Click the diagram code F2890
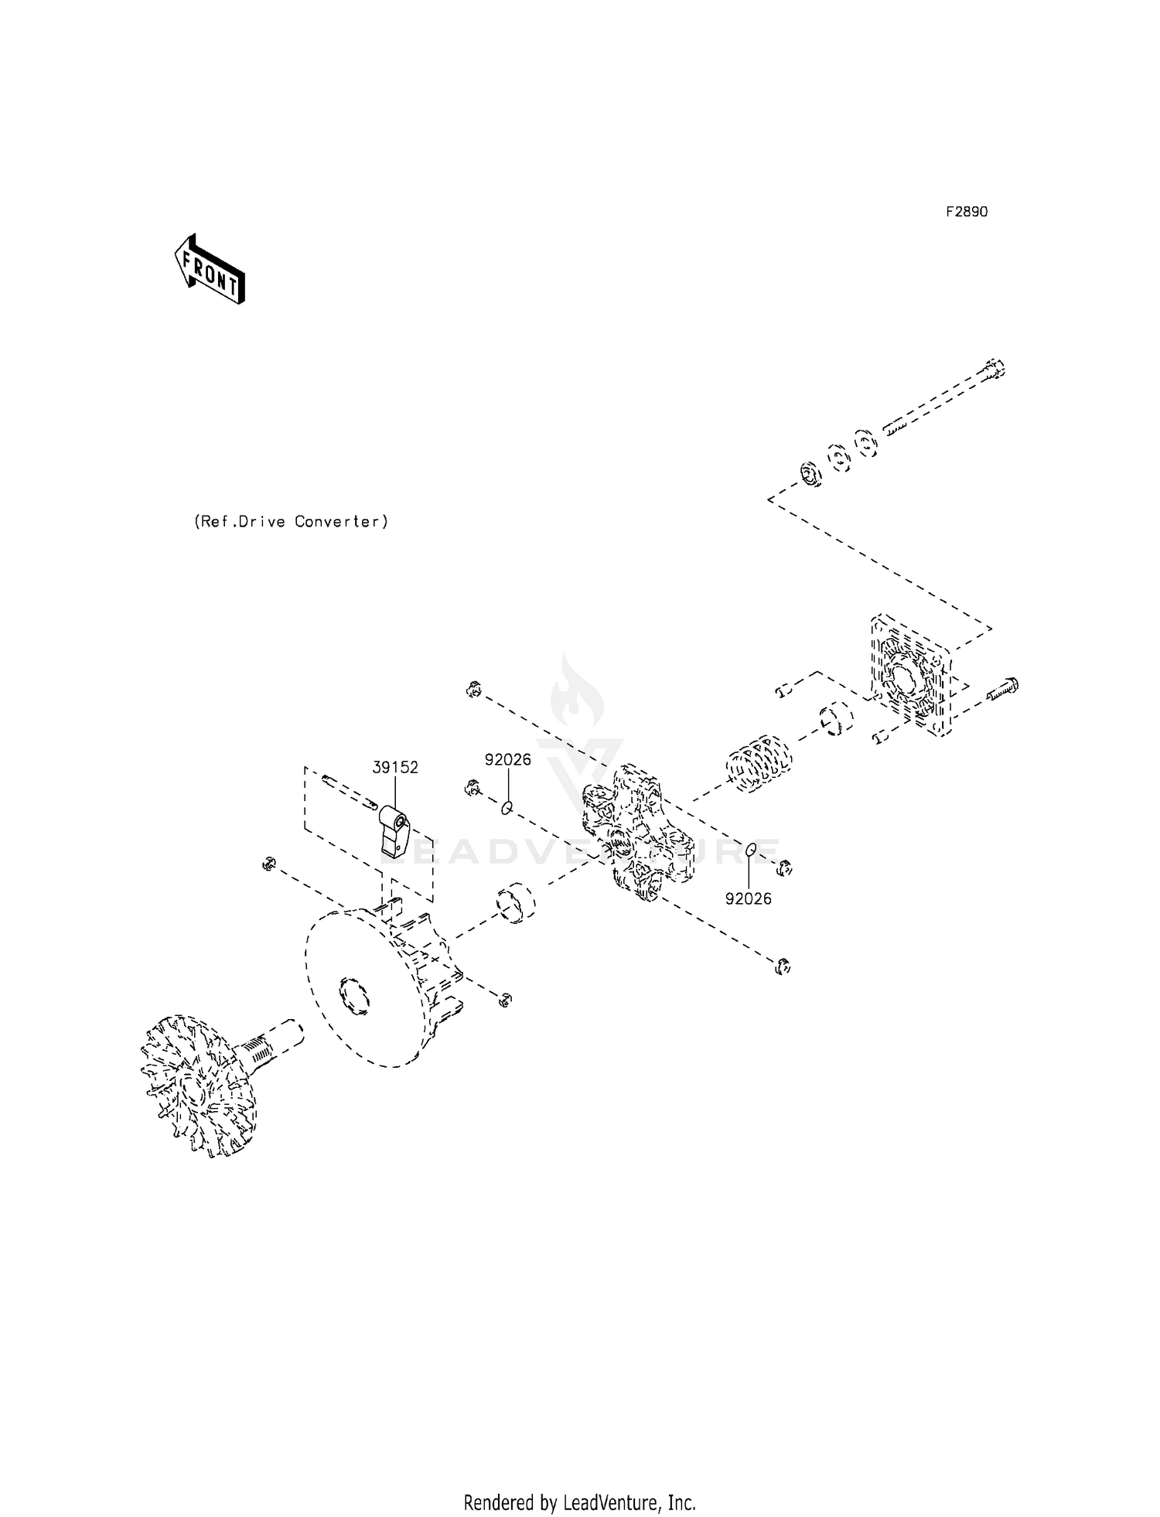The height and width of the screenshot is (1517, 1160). (967, 212)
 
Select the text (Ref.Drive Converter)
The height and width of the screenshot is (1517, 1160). (291, 522)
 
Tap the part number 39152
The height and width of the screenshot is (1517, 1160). (395, 767)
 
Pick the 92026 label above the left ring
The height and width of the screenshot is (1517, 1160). (508, 759)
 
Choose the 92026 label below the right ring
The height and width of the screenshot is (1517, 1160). (748, 898)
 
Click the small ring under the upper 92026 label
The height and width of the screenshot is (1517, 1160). (507, 808)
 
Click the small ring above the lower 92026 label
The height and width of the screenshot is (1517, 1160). (750, 851)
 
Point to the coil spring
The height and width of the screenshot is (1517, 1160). (759, 763)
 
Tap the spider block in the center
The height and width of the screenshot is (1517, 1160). (634, 833)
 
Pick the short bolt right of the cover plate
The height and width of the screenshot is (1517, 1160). (1003, 688)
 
